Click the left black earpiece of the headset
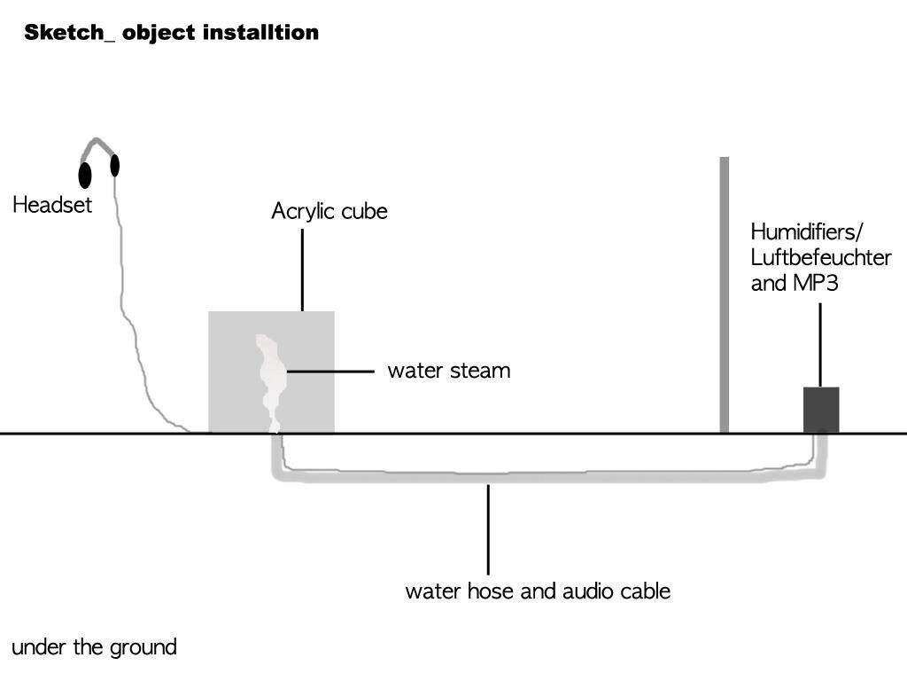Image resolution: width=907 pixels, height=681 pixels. coord(85,175)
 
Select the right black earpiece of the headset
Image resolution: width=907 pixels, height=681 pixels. coord(114,165)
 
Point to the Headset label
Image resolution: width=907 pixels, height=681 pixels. coord(52,205)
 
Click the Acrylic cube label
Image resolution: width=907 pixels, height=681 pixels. coord(329,212)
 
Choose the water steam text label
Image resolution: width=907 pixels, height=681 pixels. coord(448,371)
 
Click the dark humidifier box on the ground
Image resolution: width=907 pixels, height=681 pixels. coord(821,410)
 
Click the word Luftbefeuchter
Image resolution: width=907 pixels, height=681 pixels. coord(820,258)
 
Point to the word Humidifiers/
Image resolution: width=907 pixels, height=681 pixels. coord(806,232)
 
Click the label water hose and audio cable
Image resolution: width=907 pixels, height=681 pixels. coord(538,591)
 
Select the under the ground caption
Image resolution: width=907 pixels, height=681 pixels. coord(94,647)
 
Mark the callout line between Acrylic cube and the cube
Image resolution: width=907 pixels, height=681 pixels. coord(302,270)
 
